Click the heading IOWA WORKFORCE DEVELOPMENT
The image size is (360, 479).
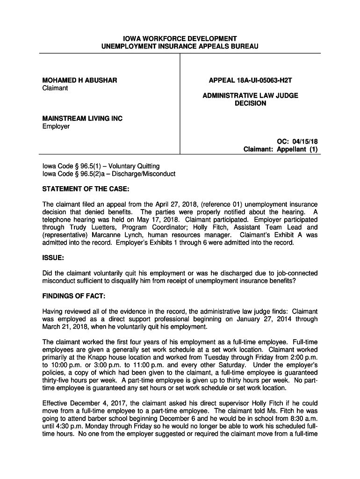[180, 38]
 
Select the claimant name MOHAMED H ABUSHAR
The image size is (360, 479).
[79, 80]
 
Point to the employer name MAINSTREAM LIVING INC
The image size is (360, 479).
[82, 119]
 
